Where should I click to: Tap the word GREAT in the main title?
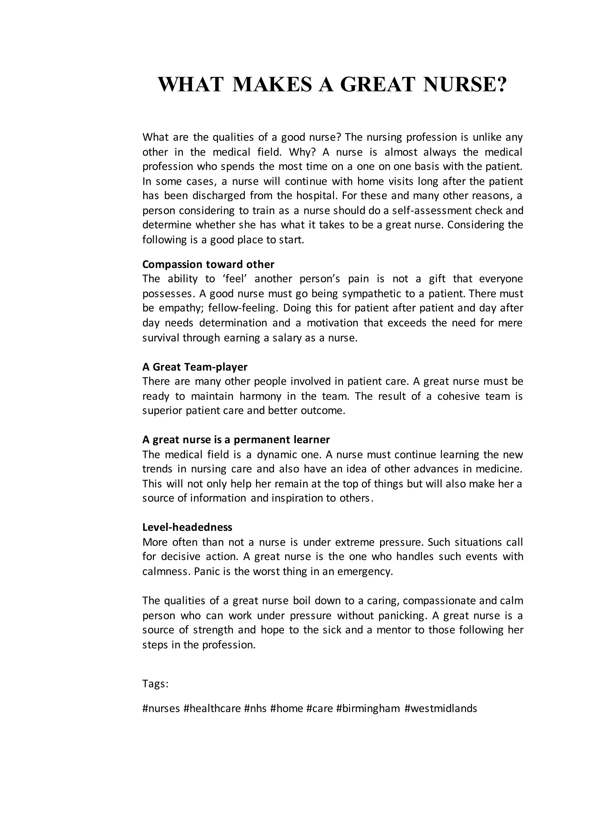coord(378,84)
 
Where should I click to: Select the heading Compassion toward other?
coord(208,264)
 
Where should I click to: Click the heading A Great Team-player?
coord(195,367)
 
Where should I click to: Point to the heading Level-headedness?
coord(187,527)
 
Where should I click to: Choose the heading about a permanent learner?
coord(236,439)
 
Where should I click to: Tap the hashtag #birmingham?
coord(368,708)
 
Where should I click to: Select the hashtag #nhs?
coord(256,708)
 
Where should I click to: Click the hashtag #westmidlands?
coord(441,708)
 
